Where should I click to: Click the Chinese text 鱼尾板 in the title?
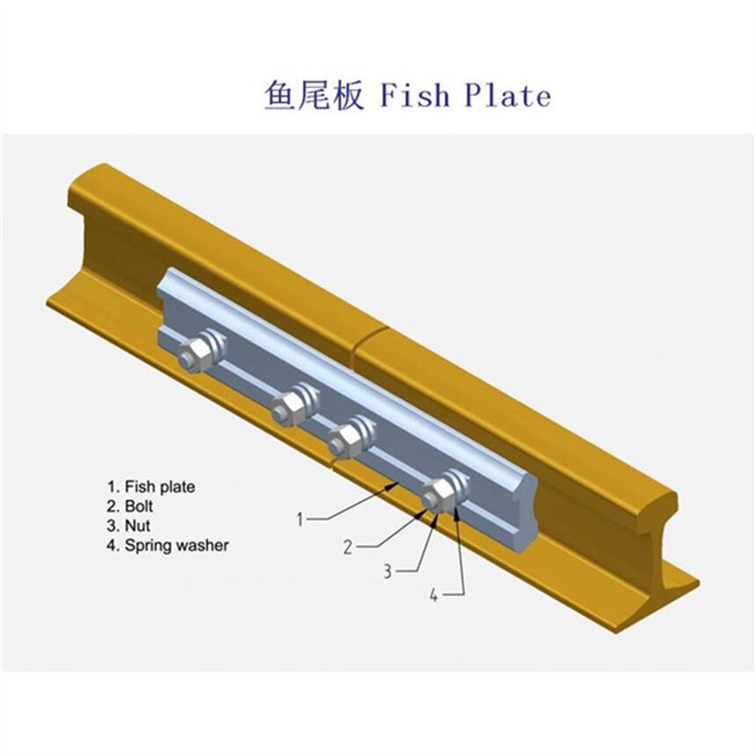(x=314, y=95)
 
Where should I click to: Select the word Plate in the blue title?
(x=508, y=95)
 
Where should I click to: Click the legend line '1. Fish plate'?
(x=151, y=486)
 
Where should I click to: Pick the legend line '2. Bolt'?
(x=130, y=506)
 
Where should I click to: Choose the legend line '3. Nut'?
(x=128, y=526)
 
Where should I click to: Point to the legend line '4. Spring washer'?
(x=168, y=545)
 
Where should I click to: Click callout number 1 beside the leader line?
(x=300, y=520)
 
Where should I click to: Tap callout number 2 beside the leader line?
(x=347, y=548)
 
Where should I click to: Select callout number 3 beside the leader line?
(x=388, y=571)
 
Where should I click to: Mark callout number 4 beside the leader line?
(x=434, y=596)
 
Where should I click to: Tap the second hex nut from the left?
(x=287, y=409)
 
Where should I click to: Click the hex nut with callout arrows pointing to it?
(x=437, y=495)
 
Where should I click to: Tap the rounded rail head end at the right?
(x=667, y=505)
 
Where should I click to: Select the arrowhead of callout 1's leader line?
(x=392, y=485)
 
